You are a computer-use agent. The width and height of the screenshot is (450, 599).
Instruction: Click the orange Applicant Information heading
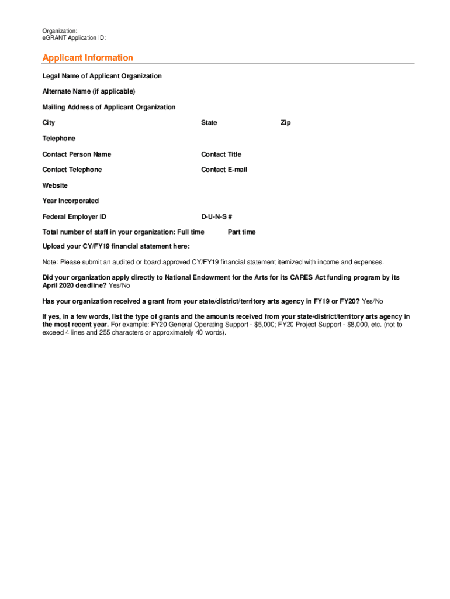coord(88,58)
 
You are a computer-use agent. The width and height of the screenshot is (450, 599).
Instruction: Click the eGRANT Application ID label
coord(74,38)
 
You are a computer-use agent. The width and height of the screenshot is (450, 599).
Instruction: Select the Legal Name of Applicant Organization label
coord(102,76)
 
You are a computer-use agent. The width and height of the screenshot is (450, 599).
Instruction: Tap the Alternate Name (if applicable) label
coord(88,91)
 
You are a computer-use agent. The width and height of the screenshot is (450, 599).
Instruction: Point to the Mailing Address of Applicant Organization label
coord(109,107)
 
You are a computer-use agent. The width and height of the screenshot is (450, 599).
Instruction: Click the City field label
coord(49,123)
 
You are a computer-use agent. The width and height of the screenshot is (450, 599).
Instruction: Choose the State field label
coord(209,123)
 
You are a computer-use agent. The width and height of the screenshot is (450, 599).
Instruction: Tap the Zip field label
coord(285,123)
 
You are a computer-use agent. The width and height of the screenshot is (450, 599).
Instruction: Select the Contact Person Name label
coord(77,154)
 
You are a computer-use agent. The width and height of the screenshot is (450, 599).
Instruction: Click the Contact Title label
coord(221,154)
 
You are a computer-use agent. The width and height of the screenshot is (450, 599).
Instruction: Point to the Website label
coord(55,185)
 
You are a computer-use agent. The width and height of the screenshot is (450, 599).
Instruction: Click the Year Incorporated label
coord(71,201)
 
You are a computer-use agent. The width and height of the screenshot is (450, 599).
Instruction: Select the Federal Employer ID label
coord(74,216)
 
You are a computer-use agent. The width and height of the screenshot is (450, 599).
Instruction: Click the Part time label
coord(241,232)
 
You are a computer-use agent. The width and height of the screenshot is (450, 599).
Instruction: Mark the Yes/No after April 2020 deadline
coord(119,285)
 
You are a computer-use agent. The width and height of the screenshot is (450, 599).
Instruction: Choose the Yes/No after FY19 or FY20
coord(372,301)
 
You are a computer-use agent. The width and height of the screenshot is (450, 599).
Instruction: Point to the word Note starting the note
coord(50,262)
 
